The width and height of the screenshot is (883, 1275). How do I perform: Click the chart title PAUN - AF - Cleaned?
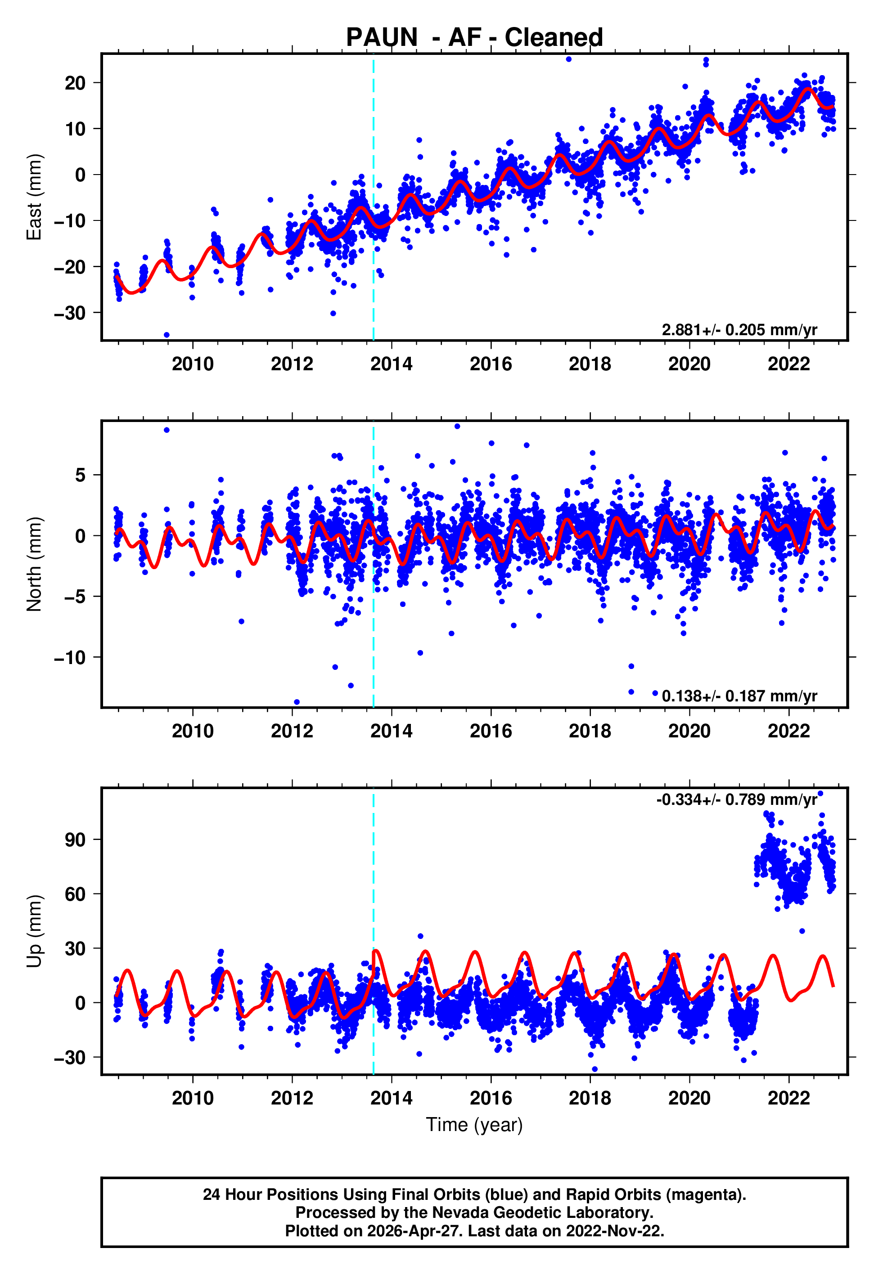point(474,38)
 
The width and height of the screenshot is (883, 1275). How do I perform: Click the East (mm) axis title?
point(34,197)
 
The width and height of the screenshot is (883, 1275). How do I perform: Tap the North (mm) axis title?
point(34,564)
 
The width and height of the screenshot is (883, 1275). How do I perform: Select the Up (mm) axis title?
point(34,931)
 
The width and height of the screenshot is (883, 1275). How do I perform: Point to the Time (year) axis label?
point(474,1125)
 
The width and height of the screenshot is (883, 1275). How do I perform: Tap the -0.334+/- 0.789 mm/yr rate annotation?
point(736,799)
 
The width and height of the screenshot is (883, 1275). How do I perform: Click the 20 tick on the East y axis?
point(75,83)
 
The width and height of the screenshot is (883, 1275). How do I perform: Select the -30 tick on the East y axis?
point(70,313)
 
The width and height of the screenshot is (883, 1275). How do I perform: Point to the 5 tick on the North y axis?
point(81,475)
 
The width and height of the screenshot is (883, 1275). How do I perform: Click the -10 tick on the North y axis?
point(70,657)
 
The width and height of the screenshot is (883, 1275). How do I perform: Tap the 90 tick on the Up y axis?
point(75,840)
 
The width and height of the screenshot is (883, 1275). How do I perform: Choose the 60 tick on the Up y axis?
point(75,894)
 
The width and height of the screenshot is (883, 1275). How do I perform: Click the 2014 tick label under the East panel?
point(391,364)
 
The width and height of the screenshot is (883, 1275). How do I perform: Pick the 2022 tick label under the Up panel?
point(788,1098)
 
